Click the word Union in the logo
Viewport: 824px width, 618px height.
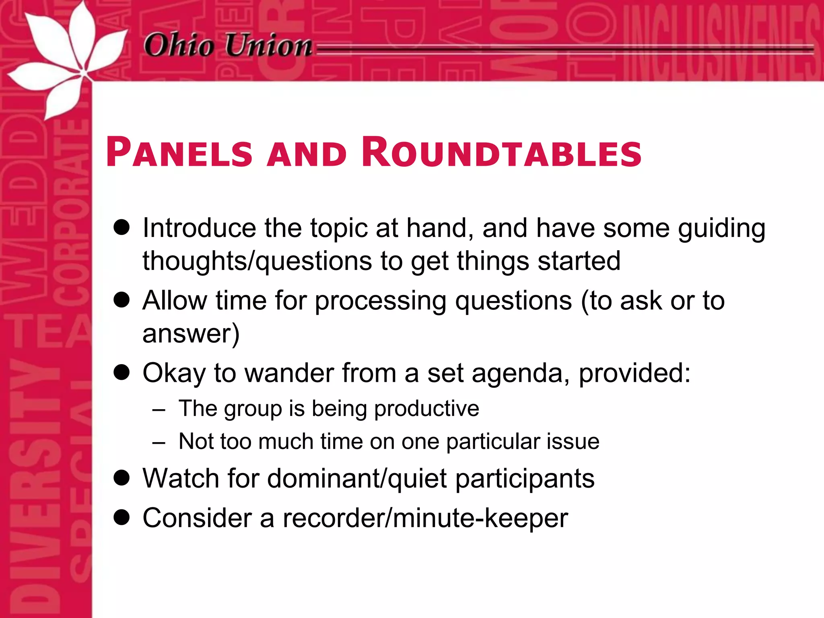(268, 45)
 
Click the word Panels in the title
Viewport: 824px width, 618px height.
(179, 153)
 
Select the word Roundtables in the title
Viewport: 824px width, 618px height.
(501, 153)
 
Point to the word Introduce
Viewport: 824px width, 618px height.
(199, 228)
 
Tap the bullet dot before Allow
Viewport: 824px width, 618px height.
(122, 300)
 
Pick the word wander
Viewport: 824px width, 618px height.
(290, 373)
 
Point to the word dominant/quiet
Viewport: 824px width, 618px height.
(357, 479)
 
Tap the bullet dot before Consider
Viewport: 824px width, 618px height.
(122, 517)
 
